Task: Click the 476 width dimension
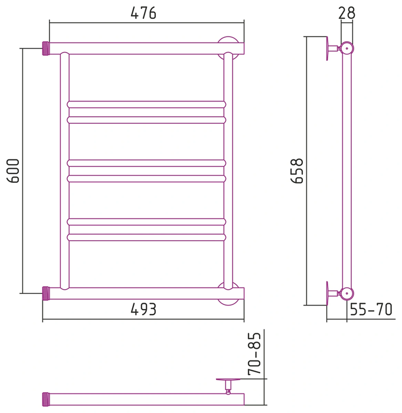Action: pyautogui.click(x=143, y=13)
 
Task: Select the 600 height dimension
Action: pyautogui.click(x=13, y=171)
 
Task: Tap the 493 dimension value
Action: pyautogui.click(x=143, y=309)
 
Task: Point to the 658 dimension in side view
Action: pyautogui.click(x=297, y=171)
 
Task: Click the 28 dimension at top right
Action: pyautogui.click(x=347, y=13)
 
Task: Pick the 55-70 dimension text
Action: pyautogui.click(x=371, y=309)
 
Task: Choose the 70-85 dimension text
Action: pyautogui.click(x=254, y=353)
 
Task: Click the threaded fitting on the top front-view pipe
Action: pyautogui.click(x=46, y=48)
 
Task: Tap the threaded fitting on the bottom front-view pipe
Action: pyautogui.click(x=46, y=293)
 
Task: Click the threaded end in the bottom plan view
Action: pyautogui.click(x=46, y=399)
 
